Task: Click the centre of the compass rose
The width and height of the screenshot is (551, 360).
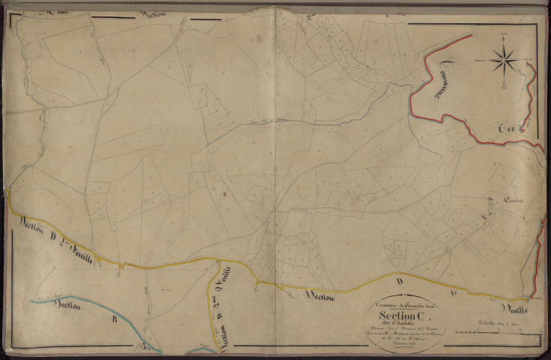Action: click(505, 59)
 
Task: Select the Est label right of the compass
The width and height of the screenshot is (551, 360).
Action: click(530, 59)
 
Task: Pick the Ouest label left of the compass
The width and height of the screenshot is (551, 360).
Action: click(479, 59)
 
